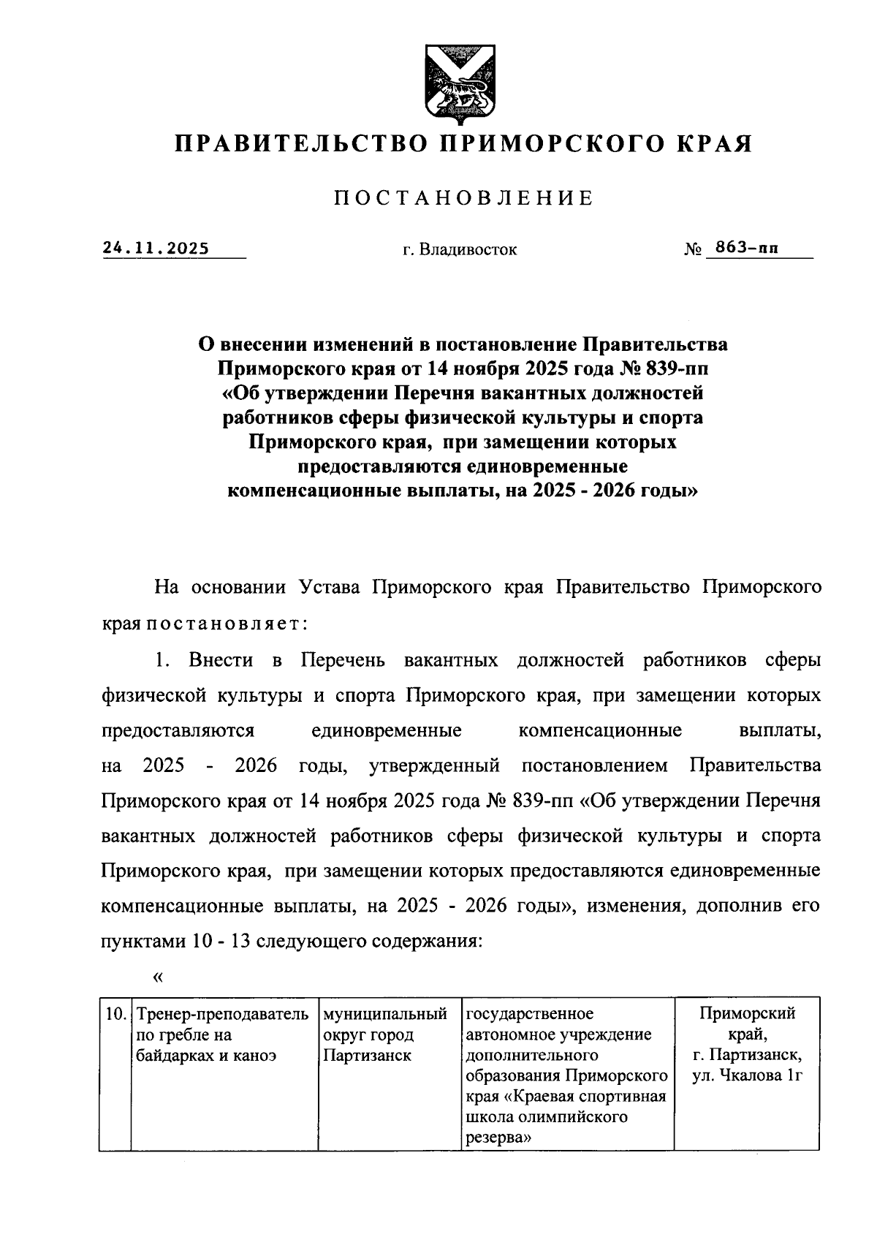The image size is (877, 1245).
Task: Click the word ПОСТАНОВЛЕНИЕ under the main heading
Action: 463,198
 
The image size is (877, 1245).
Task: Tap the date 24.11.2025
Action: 156,248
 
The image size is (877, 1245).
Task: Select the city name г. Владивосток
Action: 459,250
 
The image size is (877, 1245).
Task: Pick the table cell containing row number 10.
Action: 114,1014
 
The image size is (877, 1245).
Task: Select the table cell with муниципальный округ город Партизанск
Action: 385,1034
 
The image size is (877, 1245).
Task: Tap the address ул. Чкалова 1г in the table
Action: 747,1075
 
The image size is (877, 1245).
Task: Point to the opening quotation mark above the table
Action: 157,976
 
